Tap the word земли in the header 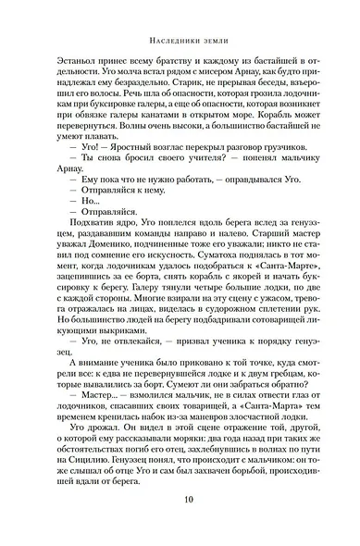click(208, 39)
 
